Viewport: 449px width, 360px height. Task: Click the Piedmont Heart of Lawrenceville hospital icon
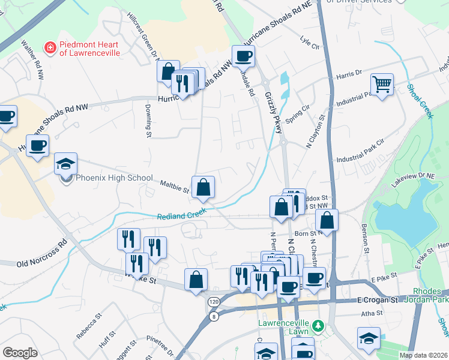[x=50, y=46]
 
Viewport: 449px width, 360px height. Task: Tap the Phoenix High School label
[x=109, y=178]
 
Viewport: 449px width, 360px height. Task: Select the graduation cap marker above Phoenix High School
[x=65, y=164]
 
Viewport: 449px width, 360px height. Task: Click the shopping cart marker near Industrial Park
[x=381, y=85]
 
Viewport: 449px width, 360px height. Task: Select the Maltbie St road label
[x=175, y=187]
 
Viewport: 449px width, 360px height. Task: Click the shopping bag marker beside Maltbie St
[x=203, y=187]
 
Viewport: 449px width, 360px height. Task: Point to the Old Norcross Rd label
[x=41, y=254]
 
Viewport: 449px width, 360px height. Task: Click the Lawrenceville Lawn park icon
[x=318, y=327]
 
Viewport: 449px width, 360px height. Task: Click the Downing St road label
[x=148, y=120]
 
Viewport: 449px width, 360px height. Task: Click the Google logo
[x=20, y=353]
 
